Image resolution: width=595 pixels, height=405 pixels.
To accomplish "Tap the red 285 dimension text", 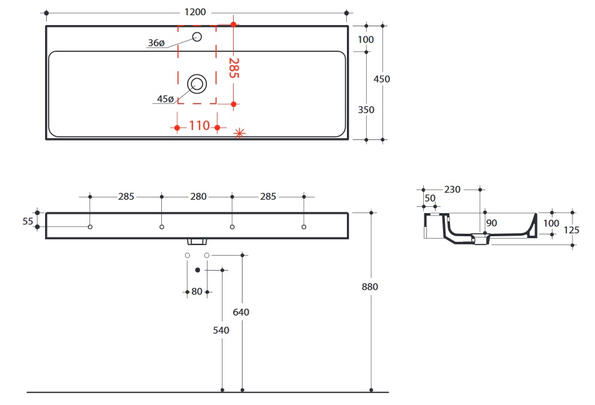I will pos(233,67).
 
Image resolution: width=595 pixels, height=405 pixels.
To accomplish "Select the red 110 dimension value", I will pos(199,126).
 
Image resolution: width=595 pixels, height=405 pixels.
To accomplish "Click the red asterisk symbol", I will pos(239,132).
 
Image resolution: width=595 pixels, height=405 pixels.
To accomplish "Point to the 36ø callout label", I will pos(156,43).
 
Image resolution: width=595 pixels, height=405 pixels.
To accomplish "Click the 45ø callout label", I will pos(166,99).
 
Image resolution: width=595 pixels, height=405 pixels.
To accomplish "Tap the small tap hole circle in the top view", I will pos(197,36).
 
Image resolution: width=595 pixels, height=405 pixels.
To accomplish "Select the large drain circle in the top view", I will pos(197,83).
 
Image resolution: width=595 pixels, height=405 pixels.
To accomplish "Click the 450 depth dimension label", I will pos(381,79).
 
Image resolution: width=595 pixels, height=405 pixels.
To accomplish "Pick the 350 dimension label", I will pos(366,110).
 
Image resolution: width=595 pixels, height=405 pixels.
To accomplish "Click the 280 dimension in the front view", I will pos(197,196).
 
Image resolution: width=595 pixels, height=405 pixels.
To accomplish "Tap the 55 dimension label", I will pos(27,221).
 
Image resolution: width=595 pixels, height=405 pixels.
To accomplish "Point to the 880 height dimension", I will pos(370,287).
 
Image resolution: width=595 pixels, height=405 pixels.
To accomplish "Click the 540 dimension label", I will pos(221,330).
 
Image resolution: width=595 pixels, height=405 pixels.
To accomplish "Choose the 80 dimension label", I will pos(197,291).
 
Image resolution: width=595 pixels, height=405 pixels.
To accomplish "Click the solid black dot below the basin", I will pos(197,270).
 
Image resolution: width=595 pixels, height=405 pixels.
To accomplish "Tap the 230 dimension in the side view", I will pos(452,188).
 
